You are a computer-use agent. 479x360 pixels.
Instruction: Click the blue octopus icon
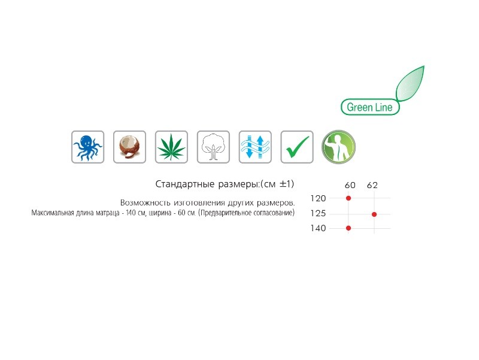point(87,147)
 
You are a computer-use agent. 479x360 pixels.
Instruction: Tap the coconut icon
point(129,147)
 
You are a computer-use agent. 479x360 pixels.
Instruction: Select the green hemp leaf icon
point(171,147)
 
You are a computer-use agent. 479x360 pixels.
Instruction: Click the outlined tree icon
point(213,147)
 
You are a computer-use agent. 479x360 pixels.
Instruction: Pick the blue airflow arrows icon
point(255,147)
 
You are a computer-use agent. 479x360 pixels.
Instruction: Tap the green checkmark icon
point(297,147)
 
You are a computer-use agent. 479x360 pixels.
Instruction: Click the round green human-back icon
point(338,147)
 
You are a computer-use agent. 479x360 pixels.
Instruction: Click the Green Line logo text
point(369,107)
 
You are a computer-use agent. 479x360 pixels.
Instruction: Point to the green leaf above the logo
point(410,83)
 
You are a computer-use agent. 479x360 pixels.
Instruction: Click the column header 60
point(350,185)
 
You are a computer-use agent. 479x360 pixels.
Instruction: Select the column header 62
point(372,185)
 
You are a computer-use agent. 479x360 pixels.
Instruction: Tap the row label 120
point(318,198)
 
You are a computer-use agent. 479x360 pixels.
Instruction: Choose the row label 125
point(318,213)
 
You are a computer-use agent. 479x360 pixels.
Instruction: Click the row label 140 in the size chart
point(318,228)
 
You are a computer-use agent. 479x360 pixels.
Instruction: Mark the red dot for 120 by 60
point(348,198)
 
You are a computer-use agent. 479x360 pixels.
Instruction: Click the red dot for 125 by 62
point(374,214)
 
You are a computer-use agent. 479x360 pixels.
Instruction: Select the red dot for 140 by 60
point(348,228)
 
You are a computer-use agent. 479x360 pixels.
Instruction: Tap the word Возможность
point(145,202)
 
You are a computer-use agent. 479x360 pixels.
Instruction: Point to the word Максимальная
point(53,213)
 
